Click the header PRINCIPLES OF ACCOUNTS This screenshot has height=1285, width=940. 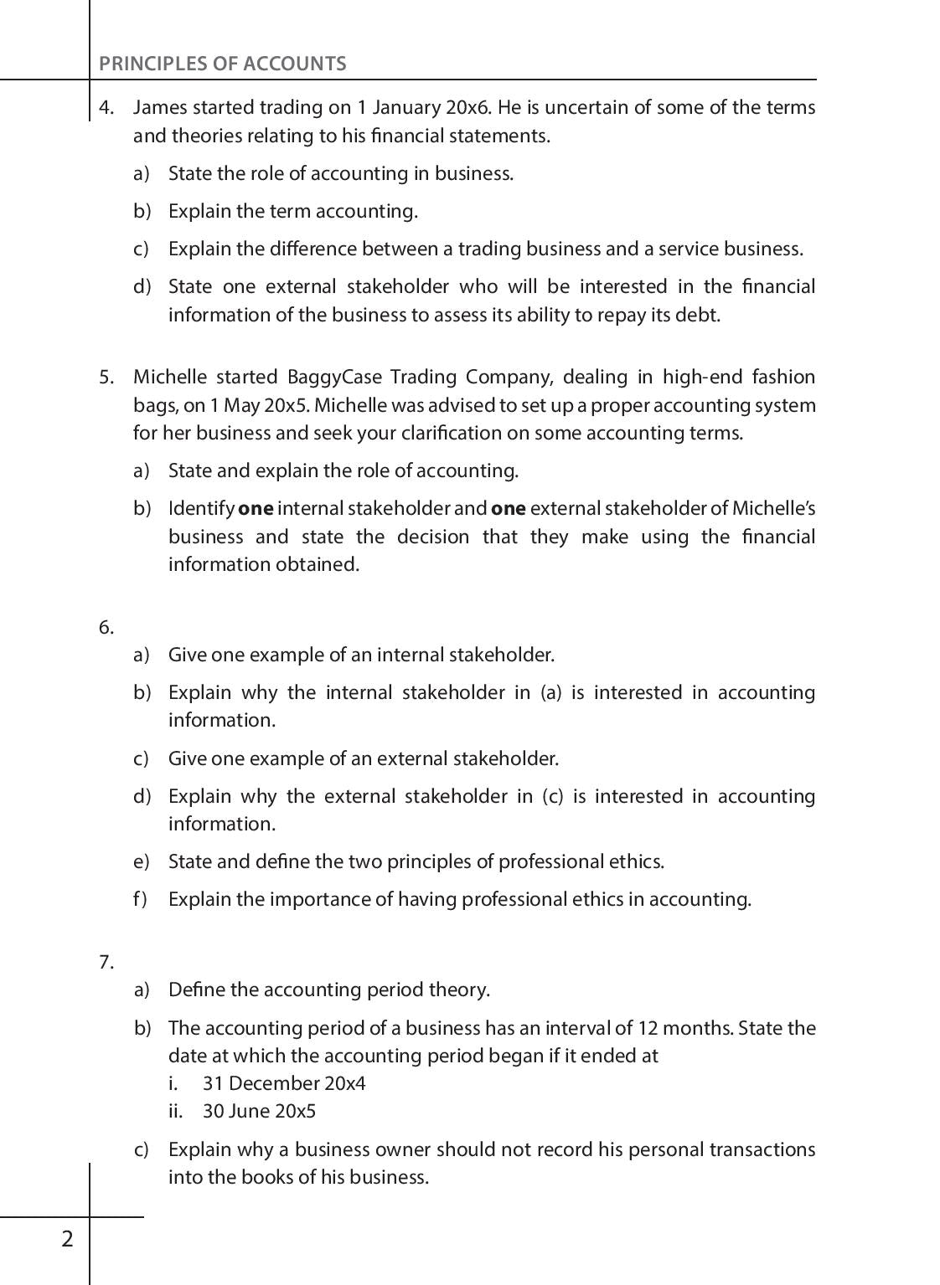222,64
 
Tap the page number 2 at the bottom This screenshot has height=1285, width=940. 68,1239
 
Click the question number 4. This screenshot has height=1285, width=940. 106,107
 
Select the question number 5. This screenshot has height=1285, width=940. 106,377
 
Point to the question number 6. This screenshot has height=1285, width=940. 106,627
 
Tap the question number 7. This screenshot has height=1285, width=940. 106,962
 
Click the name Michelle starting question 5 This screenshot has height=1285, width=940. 168,377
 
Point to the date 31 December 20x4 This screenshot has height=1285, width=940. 284,1083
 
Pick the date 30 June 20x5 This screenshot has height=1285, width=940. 259,1111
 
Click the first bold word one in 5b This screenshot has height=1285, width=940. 256,509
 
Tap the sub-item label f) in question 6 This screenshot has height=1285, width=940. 140,899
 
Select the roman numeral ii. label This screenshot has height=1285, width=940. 175,1111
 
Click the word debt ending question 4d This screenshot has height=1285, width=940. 700,315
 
